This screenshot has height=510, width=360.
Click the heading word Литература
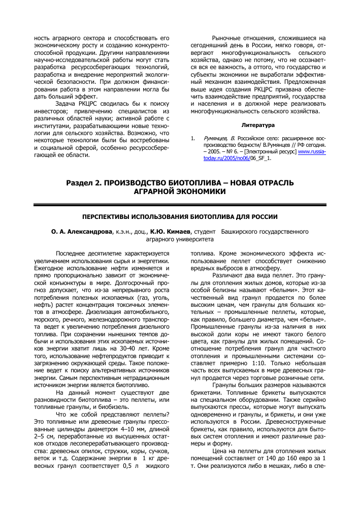(x=258, y=124)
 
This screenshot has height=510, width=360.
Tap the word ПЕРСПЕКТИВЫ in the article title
(x=108, y=216)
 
